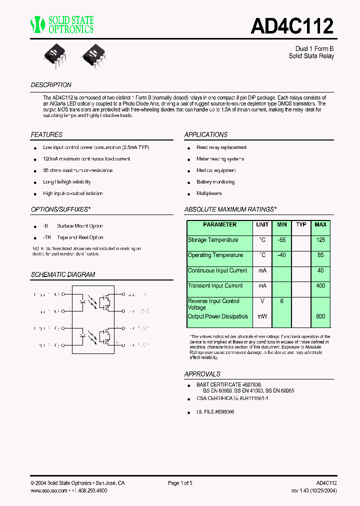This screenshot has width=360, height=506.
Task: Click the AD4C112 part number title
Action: [291, 25]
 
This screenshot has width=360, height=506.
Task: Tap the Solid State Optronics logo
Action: [61, 24]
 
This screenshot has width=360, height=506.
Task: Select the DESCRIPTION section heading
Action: [51, 85]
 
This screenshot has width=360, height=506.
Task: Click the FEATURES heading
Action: [46, 135]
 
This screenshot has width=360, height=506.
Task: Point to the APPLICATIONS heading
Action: [206, 135]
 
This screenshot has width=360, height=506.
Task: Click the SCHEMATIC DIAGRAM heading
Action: [62, 275]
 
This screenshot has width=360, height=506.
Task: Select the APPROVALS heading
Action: [202, 374]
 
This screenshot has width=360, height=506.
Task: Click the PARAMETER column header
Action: [219, 225]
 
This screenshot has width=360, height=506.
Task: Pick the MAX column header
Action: [320, 225]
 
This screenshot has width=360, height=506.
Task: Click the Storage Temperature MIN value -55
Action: [282, 240]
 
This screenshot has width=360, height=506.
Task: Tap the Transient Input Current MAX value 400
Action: [320, 286]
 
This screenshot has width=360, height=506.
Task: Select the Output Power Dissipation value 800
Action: [320, 316]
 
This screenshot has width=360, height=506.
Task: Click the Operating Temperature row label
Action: [215, 255]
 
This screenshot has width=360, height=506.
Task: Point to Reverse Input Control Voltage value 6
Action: [282, 301]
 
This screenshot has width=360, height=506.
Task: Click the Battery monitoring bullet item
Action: [215, 182]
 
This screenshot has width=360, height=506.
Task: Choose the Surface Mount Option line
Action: [79, 226]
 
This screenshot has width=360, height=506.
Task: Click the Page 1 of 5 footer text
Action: [180, 483]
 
